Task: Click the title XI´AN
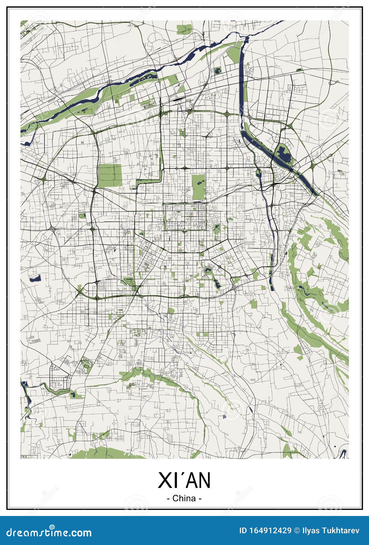(x=184, y=480)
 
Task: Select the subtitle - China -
(x=184, y=498)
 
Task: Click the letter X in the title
(x=164, y=480)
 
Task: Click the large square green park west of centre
(x=110, y=175)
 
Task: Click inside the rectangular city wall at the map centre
(x=185, y=216)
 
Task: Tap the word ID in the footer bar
(x=243, y=530)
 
